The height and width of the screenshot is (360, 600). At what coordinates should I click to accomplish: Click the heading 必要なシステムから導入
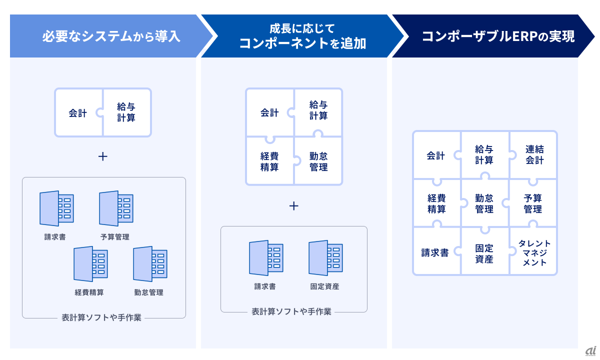tap(110, 36)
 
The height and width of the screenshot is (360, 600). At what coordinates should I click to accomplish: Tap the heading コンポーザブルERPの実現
tap(498, 36)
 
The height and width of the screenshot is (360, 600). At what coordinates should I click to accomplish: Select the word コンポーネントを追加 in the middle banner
tap(302, 43)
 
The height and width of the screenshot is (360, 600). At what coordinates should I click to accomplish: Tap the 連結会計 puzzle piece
tap(534, 155)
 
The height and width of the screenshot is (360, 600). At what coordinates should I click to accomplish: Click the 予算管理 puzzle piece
tap(533, 204)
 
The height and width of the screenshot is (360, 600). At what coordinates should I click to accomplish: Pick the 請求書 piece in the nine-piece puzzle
tap(435, 253)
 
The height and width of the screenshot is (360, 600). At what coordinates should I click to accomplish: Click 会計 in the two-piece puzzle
tap(78, 113)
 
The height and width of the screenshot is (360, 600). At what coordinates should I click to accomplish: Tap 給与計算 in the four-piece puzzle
tap(318, 110)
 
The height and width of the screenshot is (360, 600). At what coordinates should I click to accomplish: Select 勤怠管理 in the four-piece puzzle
tap(318, 161)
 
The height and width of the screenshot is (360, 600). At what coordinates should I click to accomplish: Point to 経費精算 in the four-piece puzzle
tap(269, 161)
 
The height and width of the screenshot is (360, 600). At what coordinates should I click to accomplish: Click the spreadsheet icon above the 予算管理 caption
tap(116, 208)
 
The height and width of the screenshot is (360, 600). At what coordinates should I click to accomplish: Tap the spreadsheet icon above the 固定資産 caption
tap(325, 258)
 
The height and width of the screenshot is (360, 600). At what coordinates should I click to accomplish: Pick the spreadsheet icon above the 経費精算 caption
tap(90, 264)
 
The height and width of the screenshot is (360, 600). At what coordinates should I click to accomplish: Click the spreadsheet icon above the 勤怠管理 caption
tap(150, 264)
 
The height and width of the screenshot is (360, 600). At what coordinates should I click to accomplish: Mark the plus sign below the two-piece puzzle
tap(102, 156)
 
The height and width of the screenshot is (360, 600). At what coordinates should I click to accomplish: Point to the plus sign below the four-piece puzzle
tap(294, 205)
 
